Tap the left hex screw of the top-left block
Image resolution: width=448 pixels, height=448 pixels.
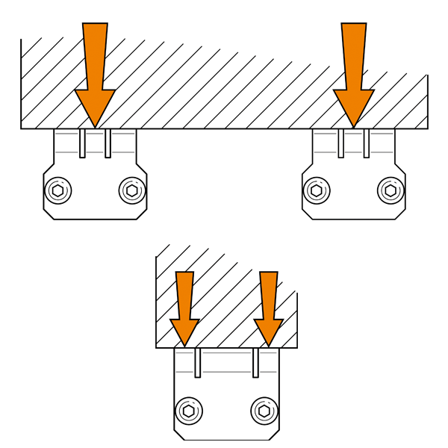(x=57, y=190)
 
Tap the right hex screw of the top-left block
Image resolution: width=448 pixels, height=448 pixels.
(x=132, y=190)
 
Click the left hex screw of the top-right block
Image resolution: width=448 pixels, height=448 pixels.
(x=317, y=190)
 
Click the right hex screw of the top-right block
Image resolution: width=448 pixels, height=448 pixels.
(x=391, y=190)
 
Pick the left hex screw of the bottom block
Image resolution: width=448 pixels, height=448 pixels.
(x=189, y=411)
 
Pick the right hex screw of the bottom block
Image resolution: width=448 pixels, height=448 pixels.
(x=264, y=411)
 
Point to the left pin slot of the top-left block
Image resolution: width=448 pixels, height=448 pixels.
(x=82, y=143)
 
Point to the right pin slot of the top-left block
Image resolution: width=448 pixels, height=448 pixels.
(x=108, y=143)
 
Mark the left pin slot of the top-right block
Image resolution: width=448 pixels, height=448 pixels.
(x=341, y=143)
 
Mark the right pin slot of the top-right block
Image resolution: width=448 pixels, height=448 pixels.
(x=367, y=143)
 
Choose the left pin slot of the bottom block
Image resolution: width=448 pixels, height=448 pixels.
(x=198, y=362)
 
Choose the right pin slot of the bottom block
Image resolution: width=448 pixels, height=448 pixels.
(x=255, y=362)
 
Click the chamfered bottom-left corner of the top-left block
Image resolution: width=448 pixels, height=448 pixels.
(x=49, y=214)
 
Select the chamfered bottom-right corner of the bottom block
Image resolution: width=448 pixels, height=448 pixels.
(x=274, y=435)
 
